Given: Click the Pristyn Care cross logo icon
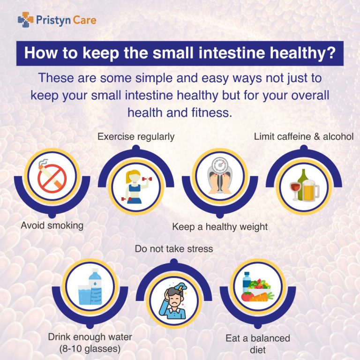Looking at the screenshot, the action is pos(25,20).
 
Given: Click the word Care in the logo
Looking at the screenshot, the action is pos(84,20).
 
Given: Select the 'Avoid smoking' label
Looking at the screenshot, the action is pos(52,225).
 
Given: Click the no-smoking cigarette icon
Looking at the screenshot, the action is pos(52,176).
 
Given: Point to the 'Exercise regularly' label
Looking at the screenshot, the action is pos(136,136).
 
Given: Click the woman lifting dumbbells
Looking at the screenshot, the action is pos(136,187).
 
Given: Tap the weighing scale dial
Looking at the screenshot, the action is pos(220,165).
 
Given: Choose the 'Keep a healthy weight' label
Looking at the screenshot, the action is pos(220,227).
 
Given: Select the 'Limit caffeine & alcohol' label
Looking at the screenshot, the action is pos(304,136).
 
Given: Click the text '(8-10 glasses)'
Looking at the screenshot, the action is pos(90,349).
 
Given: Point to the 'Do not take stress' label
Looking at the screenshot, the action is pos(174,249).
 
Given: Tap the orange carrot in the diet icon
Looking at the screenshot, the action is pos(261,297).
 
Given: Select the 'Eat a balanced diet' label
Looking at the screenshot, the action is pos(258,344).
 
